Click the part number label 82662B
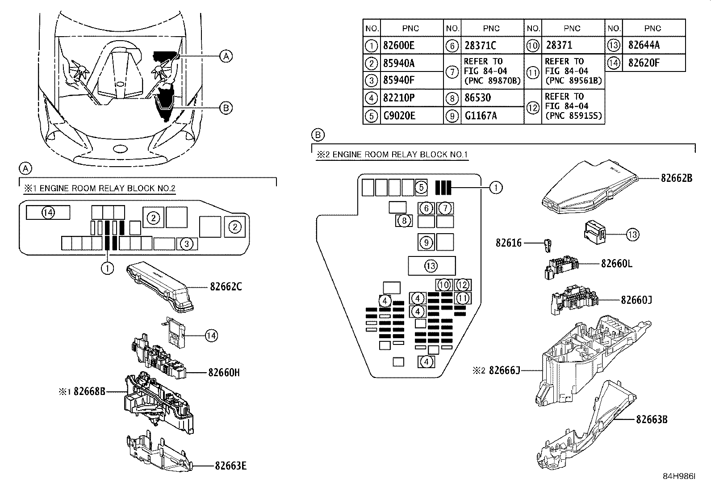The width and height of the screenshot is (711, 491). [676, 178]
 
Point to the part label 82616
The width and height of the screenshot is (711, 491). [508, 243]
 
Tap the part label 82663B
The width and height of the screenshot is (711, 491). [652, 420]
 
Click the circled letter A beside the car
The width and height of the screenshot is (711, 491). [226, 56]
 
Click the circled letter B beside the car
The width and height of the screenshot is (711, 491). [226, 108]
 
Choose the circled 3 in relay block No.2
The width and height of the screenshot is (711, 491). [187, 243]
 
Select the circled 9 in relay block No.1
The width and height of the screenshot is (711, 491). [427, 242]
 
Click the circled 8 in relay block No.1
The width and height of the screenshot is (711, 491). [404, 221]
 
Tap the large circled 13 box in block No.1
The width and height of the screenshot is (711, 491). [431, 266]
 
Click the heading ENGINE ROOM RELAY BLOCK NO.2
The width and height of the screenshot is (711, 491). [100, 188]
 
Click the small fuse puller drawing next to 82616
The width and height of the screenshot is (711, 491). [550, 245]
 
